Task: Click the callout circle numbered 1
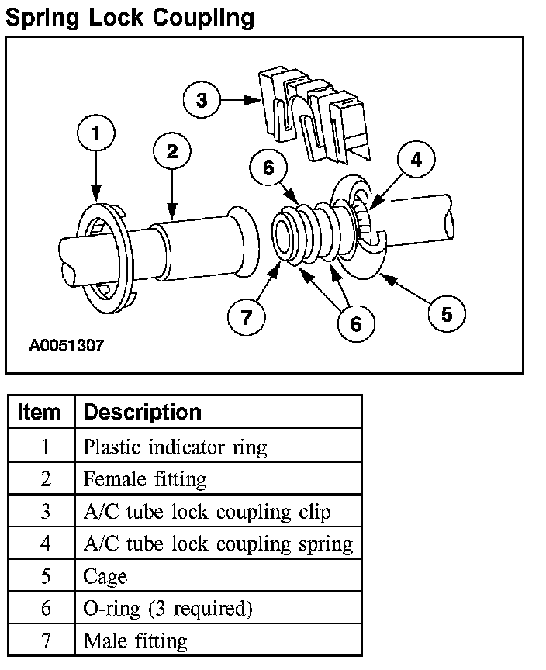tap(95, 134)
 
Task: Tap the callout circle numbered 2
tap(172, 151)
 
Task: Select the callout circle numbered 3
tap(202, 100)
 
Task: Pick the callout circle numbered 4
tap(416, 161)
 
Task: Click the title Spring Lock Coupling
tap(130, 18)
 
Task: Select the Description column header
tap(142, 412)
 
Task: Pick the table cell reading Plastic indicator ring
tap(175, 447)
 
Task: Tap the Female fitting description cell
tap(145, 479)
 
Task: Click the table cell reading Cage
tap(105, 576)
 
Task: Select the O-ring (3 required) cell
tap(168, 609)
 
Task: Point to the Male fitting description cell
tap(135, 641)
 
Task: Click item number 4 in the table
tap(45, 544)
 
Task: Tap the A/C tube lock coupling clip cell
tap(206, 512)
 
